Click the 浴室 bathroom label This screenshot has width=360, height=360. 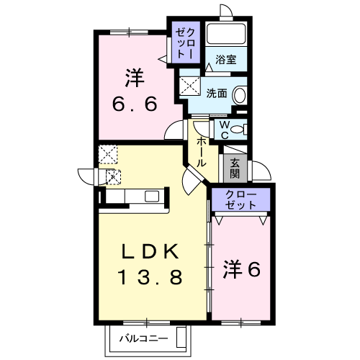pos(226,60)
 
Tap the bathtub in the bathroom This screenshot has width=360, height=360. pos(226,33)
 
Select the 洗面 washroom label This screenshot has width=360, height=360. pos(217,94)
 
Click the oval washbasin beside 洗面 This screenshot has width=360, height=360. pos(240,95)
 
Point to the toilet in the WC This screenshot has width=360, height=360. pos(239,130)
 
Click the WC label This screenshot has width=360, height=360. pos(225,130)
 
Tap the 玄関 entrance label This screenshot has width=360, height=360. pos(235,168)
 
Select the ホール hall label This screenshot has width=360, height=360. pos(202,153)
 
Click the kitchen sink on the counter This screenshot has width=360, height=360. pos(152,197)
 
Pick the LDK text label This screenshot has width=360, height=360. pos(150,251)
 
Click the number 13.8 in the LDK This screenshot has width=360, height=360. pos(150,276)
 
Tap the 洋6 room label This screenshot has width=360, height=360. pos(242,269)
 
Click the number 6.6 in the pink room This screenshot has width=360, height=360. pos(135,104)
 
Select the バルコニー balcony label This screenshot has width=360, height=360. pos(144,339)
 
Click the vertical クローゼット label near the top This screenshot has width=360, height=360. pos(185,43)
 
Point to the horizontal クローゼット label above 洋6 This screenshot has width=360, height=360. pos(241,200)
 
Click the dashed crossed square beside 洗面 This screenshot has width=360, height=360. pos(189,86)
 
